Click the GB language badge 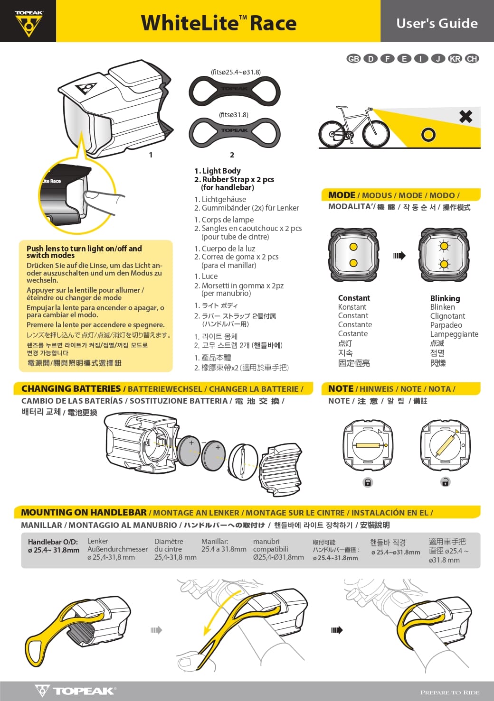[353, 58]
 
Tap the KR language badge [455, 58]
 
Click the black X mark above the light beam [466, 117]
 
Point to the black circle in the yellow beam [428, 135]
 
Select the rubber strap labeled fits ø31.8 [235, 133]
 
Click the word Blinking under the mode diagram [445, 298]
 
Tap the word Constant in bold [354, 298]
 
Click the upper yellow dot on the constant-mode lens [353, 247]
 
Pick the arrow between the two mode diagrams [399, 256]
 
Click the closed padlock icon [368, 482]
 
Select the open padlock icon [445, 481]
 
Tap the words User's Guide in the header [437, 23]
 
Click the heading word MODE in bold [342, 195]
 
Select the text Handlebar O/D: [53, 542]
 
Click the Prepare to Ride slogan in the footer [450, 692]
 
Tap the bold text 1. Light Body [218, 171]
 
